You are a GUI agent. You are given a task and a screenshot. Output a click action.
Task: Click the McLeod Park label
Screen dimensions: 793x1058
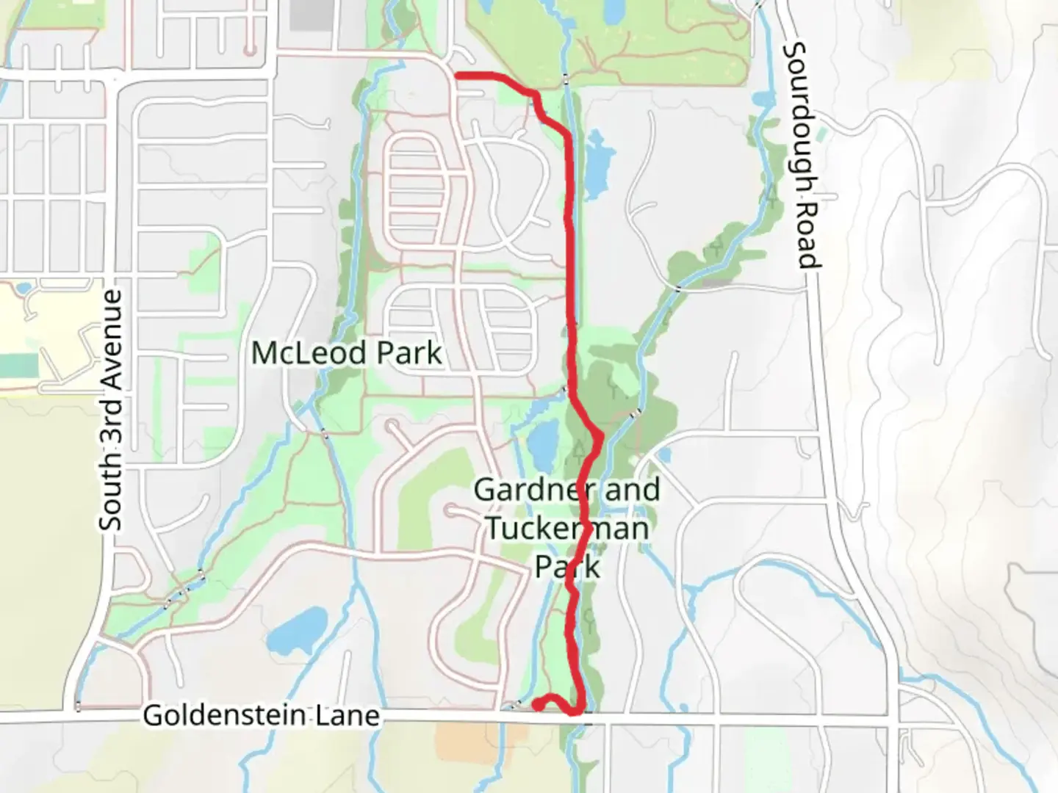[x=346, y=353]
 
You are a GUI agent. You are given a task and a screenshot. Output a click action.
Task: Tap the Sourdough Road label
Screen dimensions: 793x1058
[x=802, y=155]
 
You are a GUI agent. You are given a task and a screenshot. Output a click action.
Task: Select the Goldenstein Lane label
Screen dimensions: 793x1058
[x=261, y=714]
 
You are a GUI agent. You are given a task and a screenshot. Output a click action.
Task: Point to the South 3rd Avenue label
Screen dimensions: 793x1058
[x=112, y=410]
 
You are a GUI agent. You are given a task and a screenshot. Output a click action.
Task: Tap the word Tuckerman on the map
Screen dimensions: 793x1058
[x=567, y=528]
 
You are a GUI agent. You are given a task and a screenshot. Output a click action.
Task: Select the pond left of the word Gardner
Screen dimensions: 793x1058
[x=542, y=443]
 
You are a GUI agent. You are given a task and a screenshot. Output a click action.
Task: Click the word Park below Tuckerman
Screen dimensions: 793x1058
[x=566, y=566]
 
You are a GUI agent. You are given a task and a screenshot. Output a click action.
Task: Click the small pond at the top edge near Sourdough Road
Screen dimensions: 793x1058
[x=611, y=10]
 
